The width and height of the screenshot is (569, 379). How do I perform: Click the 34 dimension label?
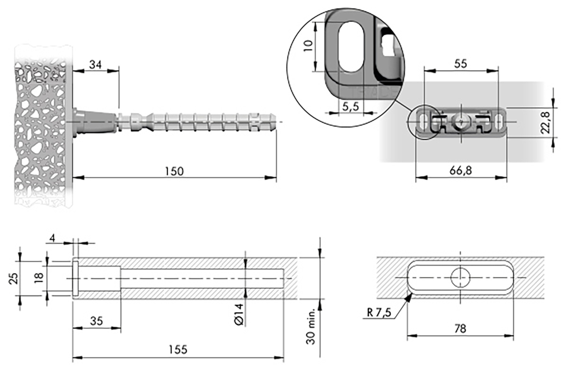pos(96,65)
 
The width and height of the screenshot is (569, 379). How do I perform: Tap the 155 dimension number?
pos(178,350)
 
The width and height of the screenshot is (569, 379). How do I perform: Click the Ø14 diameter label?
pos(238,315)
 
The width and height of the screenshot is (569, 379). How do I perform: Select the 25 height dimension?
pos(14,277)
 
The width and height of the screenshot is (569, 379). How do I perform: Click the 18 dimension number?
pos(38,277)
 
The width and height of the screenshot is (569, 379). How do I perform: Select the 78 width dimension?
pos(460,329)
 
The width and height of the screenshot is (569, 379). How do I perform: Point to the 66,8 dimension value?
pos(461,171)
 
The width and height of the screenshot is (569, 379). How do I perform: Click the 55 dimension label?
pos(460,63)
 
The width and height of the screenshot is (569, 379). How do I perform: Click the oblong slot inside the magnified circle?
pos(350,46)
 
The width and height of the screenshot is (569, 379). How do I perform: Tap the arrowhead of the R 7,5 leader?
pos(410,296)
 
